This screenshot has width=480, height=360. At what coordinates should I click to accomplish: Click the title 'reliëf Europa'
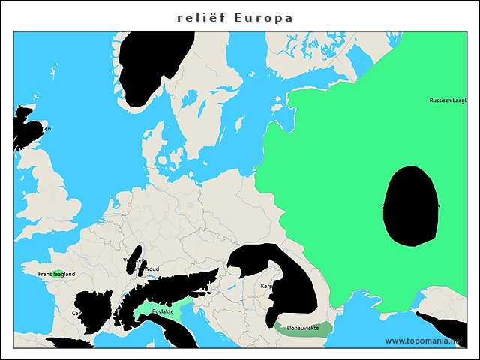[235, 17]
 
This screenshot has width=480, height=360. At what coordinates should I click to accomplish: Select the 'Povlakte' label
[163, 311]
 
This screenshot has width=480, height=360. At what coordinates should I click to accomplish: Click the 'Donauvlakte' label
[303, 328]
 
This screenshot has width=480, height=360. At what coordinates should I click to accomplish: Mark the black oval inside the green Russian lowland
[410, 206]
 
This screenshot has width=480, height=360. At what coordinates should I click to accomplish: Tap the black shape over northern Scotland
[25, 127]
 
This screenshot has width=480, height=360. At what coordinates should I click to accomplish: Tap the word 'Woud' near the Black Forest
[151, 268]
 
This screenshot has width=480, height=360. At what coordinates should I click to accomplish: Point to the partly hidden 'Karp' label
[267, 286]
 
